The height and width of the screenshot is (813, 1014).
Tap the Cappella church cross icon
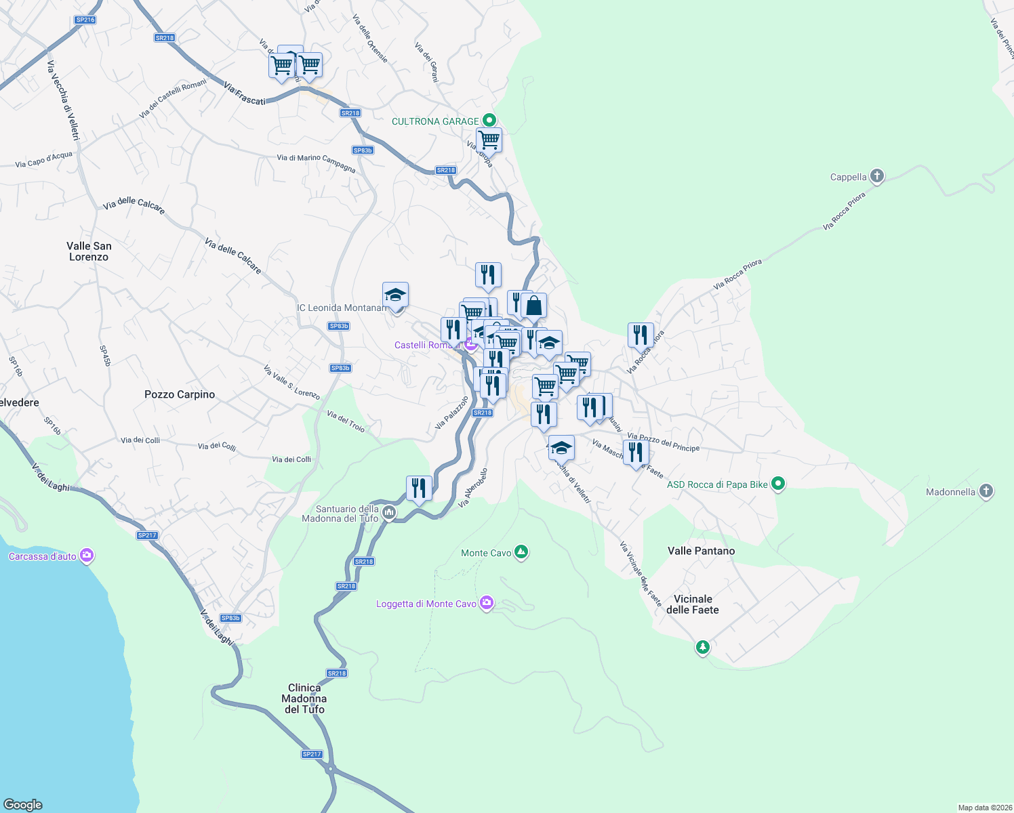[877, 177]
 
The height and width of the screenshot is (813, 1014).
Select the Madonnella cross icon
[986, 492]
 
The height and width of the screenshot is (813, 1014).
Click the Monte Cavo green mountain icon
[521, 553]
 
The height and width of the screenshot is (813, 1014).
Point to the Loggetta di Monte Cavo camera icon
[487, 603]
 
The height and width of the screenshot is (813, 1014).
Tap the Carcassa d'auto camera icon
[87, 556]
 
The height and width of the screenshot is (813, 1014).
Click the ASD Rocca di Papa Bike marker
[778, 484]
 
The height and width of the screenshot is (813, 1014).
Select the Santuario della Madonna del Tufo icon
[389, 513]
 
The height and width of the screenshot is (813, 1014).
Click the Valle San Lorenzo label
[89, 251]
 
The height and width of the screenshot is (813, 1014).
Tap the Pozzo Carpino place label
[180, 394]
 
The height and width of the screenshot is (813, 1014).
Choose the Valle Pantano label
[701, 551]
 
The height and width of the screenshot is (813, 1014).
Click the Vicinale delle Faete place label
[693, 604]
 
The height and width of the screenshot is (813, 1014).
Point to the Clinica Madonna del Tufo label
[304, 699]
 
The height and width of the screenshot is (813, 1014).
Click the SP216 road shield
[85, 20]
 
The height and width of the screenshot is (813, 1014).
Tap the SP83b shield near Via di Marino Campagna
[363, 150]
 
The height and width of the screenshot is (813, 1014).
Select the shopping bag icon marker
[534, 306]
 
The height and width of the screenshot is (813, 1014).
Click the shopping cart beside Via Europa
[489, 140]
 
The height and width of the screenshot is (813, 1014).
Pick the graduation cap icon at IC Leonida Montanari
[395, 295]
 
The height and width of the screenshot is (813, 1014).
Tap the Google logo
[23, 804]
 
